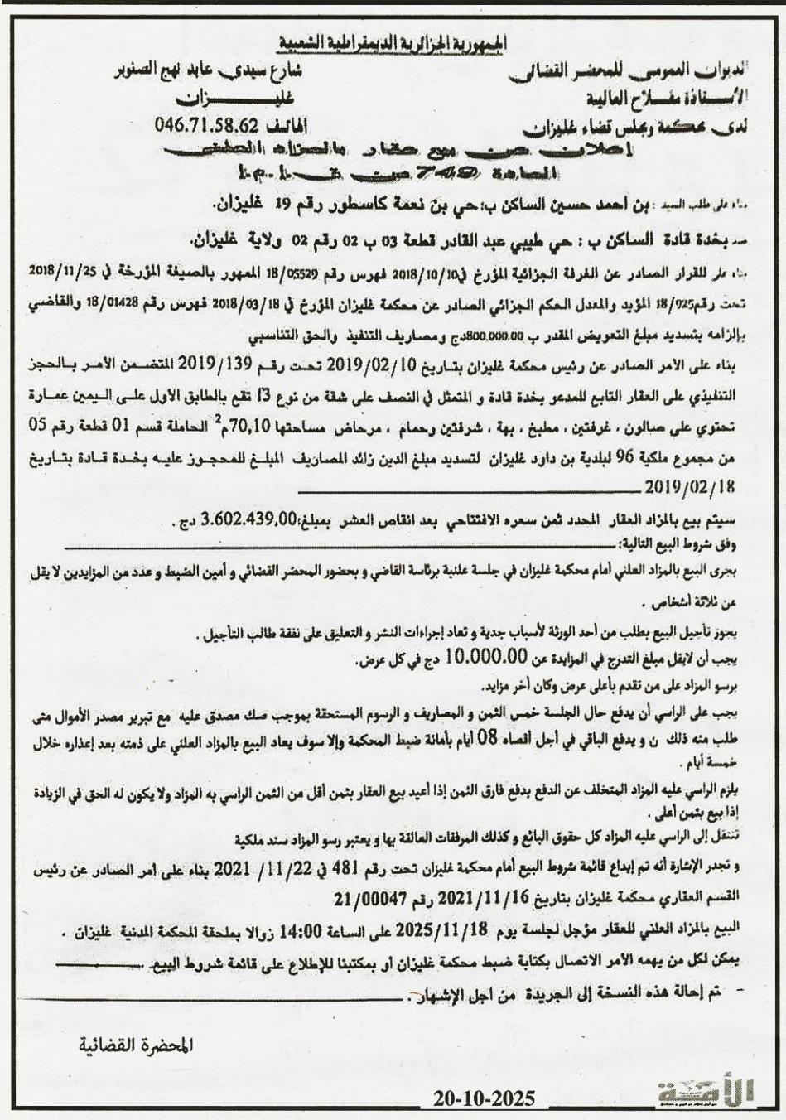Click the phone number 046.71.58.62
(x=208, y=125)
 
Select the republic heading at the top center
(x=393, y=43)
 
